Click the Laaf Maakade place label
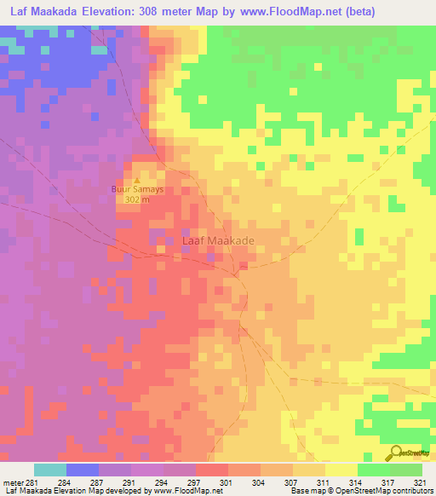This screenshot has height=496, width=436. (219, 241)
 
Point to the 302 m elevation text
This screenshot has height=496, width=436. (136, 199)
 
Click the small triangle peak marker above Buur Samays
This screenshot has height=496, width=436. (136, 180)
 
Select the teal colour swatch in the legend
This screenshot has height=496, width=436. (50, 470)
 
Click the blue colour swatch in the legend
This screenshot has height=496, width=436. (83, 470)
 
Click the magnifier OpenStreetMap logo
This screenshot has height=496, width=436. (396, 452)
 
